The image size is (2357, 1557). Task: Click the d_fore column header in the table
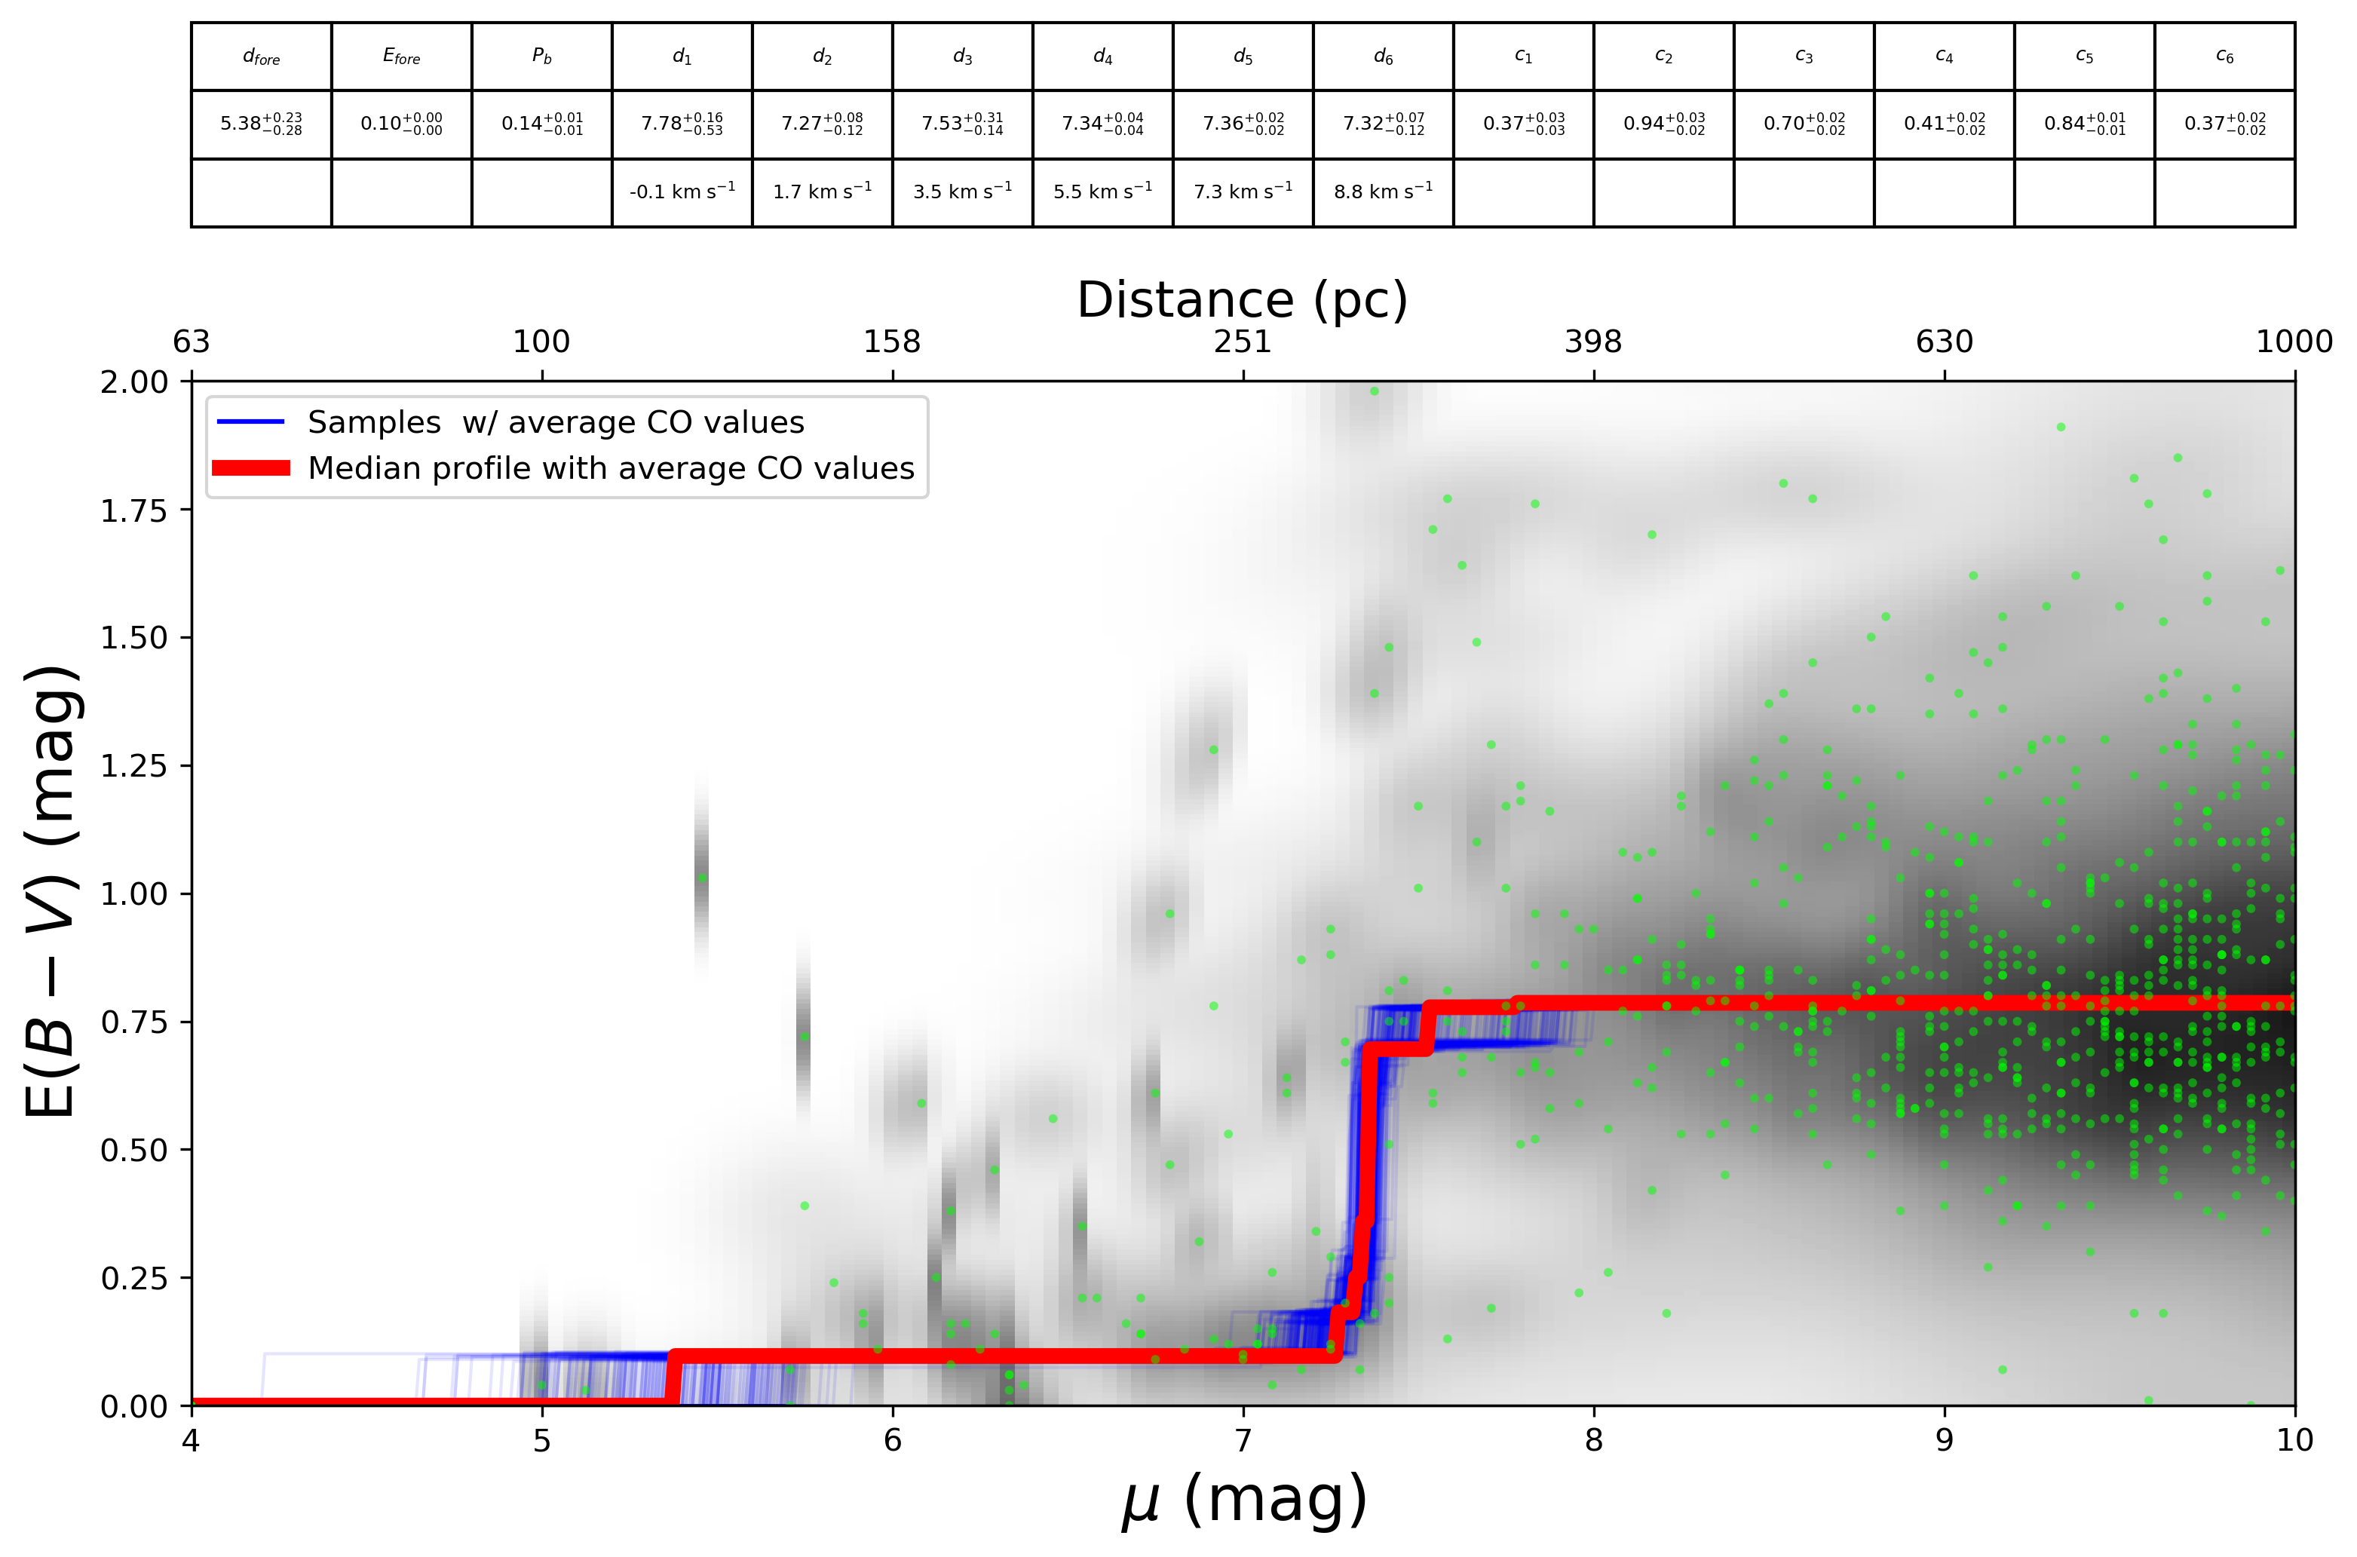click(x=261, y=57)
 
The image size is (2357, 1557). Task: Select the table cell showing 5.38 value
click(x=261, y=124)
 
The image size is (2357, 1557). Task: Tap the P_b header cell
click(x=541, y=57)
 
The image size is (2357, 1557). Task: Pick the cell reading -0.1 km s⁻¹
click(x=682, y=192)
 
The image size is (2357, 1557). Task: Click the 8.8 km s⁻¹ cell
click(x=1383, y=192)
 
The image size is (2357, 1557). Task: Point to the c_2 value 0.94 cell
click(x=1664, y=124)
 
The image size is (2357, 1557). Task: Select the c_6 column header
click(x=2225, y=57)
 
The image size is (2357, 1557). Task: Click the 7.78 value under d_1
click(x=682, y=124)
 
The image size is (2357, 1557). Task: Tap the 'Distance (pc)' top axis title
click(x=1242, y=300)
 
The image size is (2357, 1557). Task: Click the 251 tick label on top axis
click(x=1242, y=342)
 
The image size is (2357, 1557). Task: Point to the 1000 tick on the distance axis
click(x=2294, y=342)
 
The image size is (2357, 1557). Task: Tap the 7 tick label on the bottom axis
click(x=1243, y=1441)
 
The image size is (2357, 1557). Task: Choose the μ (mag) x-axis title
click(x=1243, y=1501)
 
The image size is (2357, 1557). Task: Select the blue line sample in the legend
click(x=251, y=423)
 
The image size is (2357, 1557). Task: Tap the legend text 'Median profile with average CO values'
click(x=611, y=469)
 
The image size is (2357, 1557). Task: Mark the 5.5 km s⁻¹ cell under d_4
click(x=1102, y=192)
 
